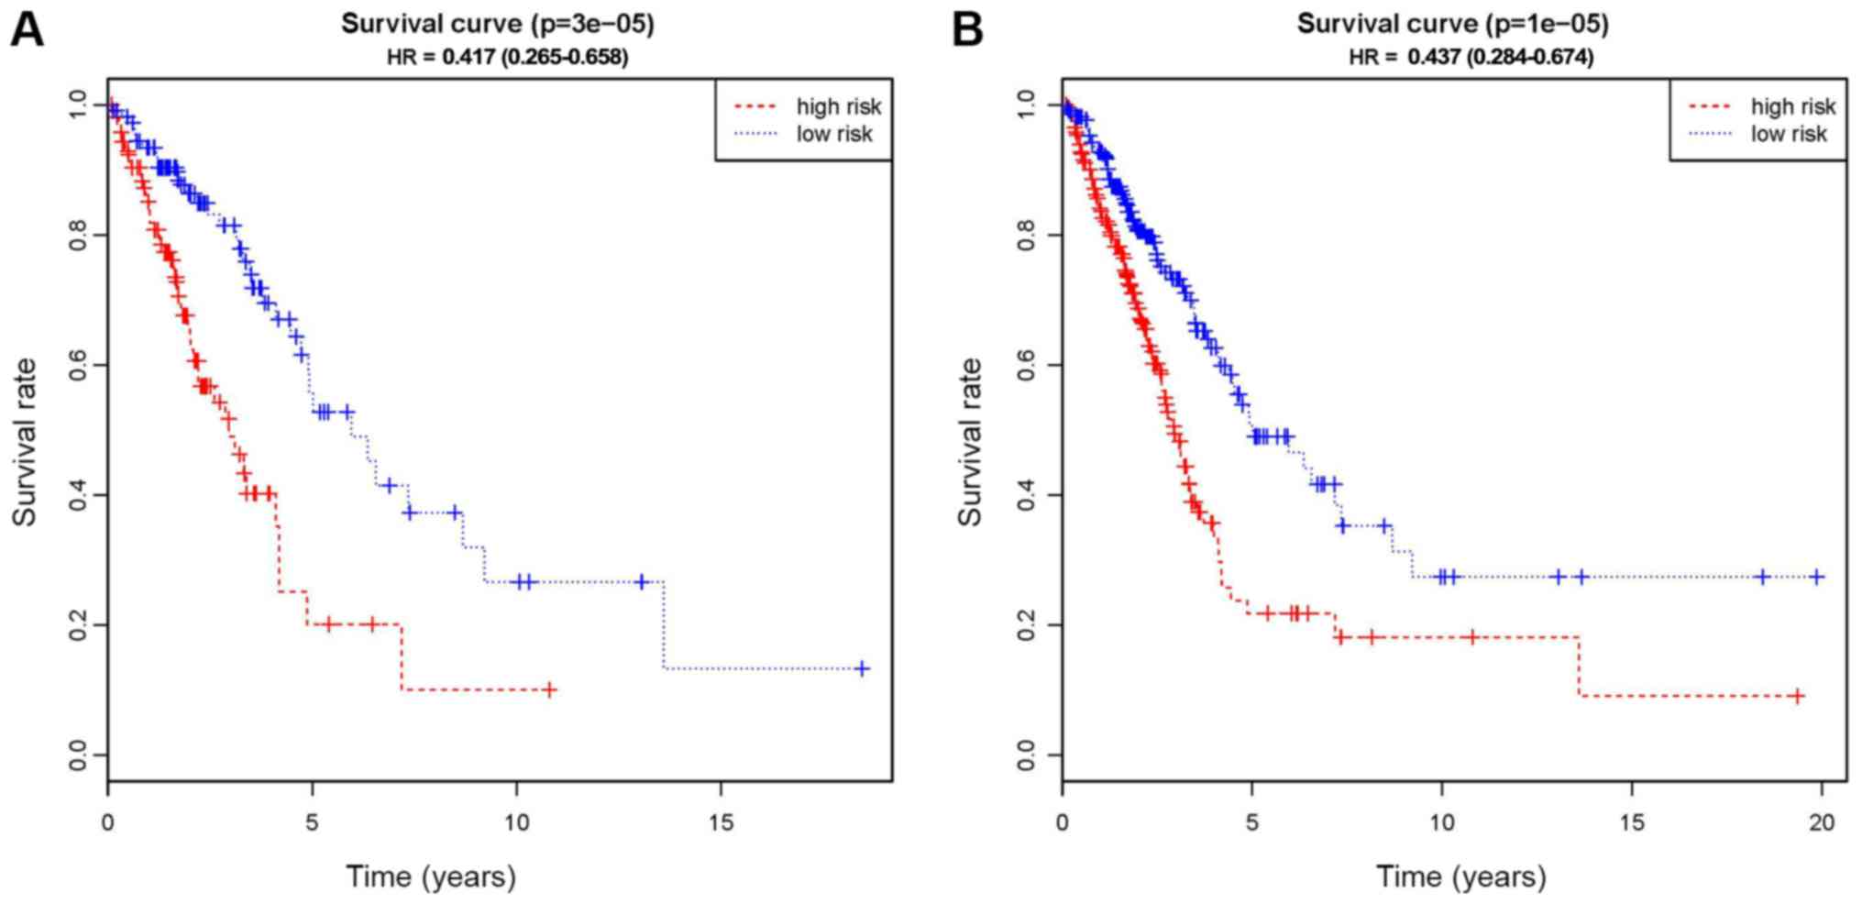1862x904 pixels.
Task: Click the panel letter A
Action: tap(26, 29)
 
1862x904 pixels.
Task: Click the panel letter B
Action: tap(968, 29)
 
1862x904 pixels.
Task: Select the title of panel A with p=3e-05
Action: tap(498, 24)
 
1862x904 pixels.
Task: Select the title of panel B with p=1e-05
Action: tap(1452, 24)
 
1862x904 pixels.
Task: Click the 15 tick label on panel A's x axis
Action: tap(721, 821)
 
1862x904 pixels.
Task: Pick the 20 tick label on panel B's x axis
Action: tap(1822, 821)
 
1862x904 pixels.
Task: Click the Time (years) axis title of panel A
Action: tap(431, 876)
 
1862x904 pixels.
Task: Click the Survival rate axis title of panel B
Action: tap(969, 442)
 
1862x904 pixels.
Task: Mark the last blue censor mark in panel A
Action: tap(862, 668)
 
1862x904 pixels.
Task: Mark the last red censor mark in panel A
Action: tap(549, 689)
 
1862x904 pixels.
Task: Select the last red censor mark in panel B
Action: tap(1797, 697)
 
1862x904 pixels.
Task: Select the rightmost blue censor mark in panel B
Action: tap(1818, 577)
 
